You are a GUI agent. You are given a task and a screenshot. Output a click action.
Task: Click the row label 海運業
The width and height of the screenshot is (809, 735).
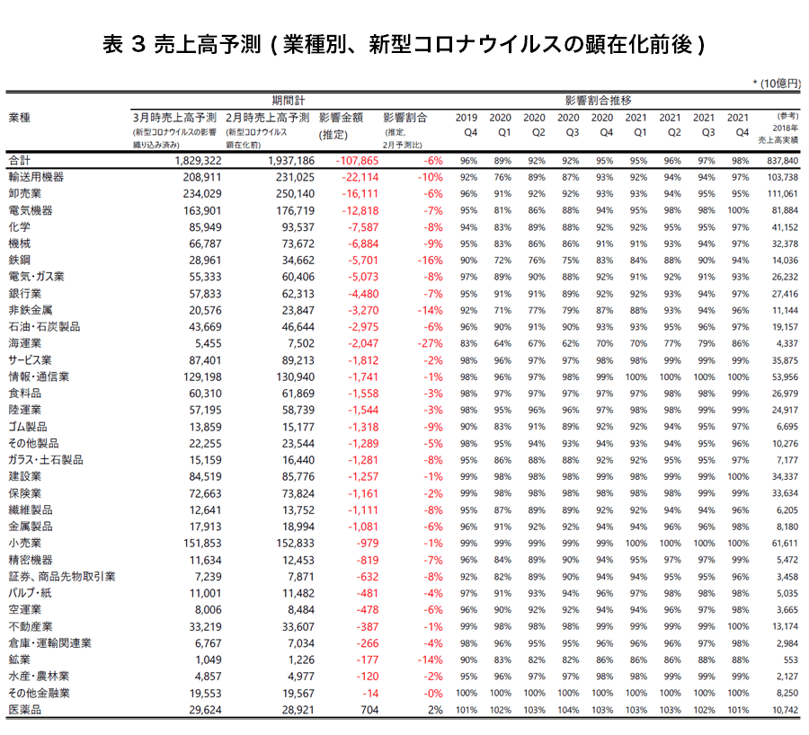[24, 343]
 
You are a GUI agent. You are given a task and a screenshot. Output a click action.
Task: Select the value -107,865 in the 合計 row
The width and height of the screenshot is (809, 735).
[341, 160]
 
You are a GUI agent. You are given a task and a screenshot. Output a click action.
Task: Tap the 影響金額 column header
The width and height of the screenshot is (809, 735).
[340, 118]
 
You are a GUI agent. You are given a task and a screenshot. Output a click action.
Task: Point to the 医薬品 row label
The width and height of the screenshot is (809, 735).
[24, 710]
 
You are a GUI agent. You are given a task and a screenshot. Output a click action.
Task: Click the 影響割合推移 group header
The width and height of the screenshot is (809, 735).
[599, 100]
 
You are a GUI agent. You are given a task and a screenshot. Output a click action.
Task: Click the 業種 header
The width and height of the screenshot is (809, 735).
[19, 118]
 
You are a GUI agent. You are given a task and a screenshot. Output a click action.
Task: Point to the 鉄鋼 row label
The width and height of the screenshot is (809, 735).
[19, 261]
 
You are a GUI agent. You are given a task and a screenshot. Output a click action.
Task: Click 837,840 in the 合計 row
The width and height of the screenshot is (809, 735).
[778, 160]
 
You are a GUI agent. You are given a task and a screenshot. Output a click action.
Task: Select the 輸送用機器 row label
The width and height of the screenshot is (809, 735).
[35, 178]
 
